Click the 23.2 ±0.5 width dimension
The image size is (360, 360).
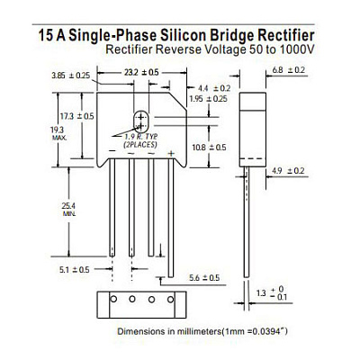pos(141,72)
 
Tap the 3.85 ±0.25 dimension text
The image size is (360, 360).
pos(70,76)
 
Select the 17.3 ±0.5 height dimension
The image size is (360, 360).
pos(76,116)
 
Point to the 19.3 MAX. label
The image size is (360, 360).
pos(58,133)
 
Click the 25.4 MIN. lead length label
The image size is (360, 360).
pos(69,209)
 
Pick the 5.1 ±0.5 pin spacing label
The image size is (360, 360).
pos(74,270)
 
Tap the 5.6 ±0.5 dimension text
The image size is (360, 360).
pos(204,278)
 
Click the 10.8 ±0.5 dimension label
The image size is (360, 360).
pos(209,148)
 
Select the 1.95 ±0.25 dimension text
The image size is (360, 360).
pos(209,99)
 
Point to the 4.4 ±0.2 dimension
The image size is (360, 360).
pos(214,88)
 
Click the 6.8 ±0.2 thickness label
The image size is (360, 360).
pos(289,70)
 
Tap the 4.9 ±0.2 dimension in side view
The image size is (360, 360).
pos(288,171)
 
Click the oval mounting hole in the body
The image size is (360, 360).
pos(140,121)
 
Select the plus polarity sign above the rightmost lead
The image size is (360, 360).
pos(171,154)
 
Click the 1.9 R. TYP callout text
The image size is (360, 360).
pos(141,137)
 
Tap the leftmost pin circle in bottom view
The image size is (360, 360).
pos(113,299)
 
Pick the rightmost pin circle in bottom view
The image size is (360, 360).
pos(170,299)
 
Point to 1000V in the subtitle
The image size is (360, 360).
pos(296,49)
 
